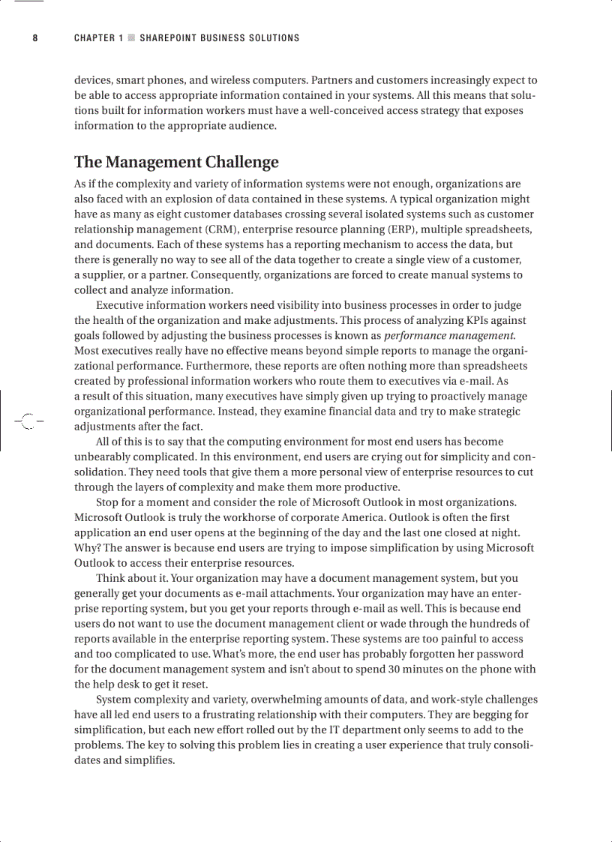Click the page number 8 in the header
pyautogui.click(x=35, y=38)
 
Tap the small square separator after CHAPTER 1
pyautogui.click(x=131, y=38)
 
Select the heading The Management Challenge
pyautogui.click(x=176, y=162)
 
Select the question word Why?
pyautogui.click(x=86, y=548)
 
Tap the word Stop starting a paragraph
pyautogui.click(x=108, y=502)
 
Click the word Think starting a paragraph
pyautogui.click(x=111, y=578)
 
